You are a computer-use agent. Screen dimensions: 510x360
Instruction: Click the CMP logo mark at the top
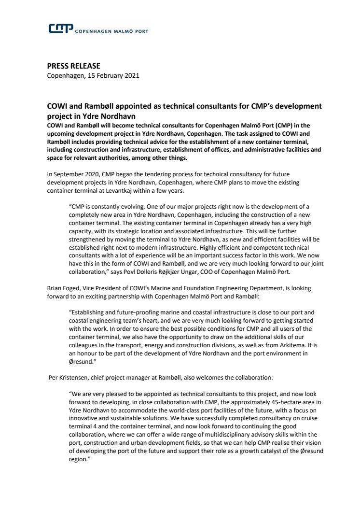point(61,29)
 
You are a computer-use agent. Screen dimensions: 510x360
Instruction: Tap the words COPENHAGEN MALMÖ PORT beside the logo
point(111,31)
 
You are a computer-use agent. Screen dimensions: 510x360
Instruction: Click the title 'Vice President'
point(103,288)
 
